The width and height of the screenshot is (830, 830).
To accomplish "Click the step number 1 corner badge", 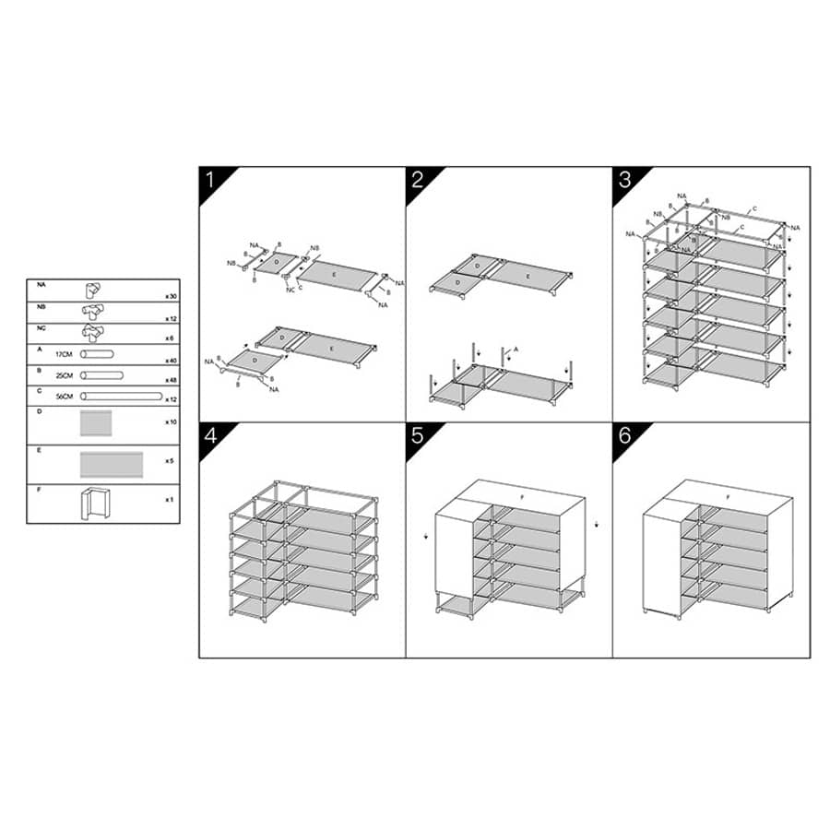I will [209, 179].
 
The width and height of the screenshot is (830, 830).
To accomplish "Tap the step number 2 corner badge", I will [417, 179].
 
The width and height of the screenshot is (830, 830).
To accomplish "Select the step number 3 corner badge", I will [624, 179].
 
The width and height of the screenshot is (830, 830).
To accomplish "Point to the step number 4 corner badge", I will [209, 435].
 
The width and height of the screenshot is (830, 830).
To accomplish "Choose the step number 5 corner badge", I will [417, 435].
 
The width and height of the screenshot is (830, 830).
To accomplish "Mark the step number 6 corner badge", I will [624, 435].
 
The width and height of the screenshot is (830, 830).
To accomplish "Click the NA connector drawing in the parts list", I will [95, 289].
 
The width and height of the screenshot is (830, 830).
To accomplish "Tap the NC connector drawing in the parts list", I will [95, 333].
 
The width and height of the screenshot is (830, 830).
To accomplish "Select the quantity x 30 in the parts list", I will [170, 296].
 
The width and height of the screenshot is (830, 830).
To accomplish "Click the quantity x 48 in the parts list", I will [170, 381].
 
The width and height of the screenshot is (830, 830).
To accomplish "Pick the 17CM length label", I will [65, 353].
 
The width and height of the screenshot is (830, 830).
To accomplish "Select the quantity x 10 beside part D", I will [170, 421].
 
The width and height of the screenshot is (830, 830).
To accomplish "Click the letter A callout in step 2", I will [517, 350].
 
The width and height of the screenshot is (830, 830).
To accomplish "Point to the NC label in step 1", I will [291, 290].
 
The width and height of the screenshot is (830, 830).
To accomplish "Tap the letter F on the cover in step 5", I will [521, 497].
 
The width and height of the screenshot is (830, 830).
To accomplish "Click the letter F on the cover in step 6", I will [729, 497].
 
